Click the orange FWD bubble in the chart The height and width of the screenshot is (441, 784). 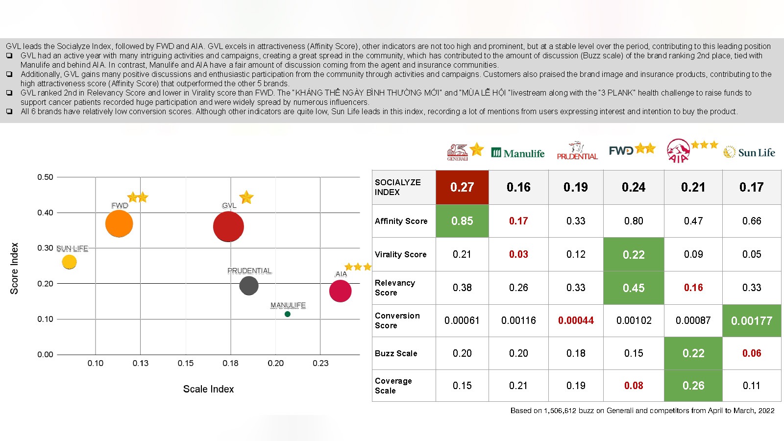click(x=119, y=223)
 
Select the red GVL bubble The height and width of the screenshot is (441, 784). click(x=228, y=226)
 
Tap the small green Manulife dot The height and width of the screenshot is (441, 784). click(x=288, y=314)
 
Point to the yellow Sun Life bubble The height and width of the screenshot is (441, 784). click(x=70, y=262)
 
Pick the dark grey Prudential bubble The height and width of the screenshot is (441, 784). click(x=249, y=286)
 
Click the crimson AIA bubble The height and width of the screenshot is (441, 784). click(x=341, y=291)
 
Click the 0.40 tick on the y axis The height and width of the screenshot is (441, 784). click(x=45, y=213)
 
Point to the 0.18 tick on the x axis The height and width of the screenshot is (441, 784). click(x=230, y=363)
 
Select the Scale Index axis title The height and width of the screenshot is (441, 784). click(x=208, y=389)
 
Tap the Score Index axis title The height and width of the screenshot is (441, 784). click(x=14, y=268)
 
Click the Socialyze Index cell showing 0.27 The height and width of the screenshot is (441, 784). click(x=462, y=187)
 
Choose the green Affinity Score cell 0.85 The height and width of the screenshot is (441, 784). click(x=462, y=221)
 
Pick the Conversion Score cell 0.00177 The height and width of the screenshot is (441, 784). click(x=752, y=320)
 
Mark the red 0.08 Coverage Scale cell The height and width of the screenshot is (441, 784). click(x=634, y=386)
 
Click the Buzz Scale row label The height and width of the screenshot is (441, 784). click(x=396, y=353)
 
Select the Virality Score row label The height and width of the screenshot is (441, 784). click(x=400, y=254)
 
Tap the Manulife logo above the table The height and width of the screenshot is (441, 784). click(x=518, y=153)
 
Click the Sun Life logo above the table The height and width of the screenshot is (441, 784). click(x=749, y=152)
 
